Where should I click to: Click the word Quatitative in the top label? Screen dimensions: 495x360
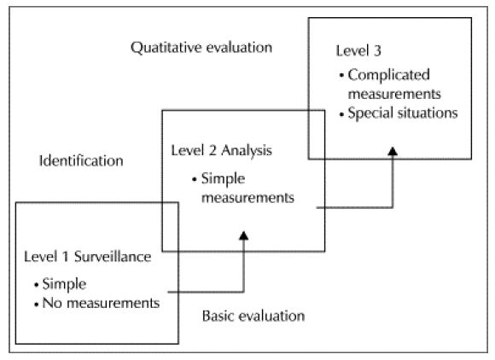[x=166, y=49]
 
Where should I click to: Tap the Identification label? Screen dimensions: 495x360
[x=81, y=161]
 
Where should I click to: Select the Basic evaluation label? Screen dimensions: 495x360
[x=253, y=316]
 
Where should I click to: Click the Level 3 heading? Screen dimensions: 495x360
[x=358, y=51]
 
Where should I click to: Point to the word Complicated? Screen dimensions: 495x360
[x=388, y=75]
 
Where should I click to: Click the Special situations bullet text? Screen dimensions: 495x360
[x=403, y=113]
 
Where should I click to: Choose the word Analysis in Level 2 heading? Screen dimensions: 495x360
[x=247, y=151]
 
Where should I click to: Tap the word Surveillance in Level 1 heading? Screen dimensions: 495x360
[x=113, y=257]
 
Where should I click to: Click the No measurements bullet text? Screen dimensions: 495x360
[x=101, y=303]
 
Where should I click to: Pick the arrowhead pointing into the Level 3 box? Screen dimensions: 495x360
[x=393, y=151]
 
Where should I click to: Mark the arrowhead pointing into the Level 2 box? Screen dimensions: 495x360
[x=243, y=235]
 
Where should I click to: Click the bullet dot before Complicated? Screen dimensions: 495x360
[x=341, y=76]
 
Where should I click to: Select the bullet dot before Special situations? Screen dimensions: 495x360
[x=341, y=114]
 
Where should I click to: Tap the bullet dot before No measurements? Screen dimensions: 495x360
[x=37, y=305]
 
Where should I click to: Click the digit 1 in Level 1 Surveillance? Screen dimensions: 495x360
[x=65, y=257]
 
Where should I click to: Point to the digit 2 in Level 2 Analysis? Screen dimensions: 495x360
[x=213, y=150]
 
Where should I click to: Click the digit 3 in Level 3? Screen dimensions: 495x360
[x=377, y=51]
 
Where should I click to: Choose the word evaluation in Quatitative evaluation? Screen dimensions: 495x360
[x=239, y=48]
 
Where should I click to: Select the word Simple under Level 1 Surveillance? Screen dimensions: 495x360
[x=64, y=285]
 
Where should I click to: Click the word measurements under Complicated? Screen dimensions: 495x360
[x=394, y=95]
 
